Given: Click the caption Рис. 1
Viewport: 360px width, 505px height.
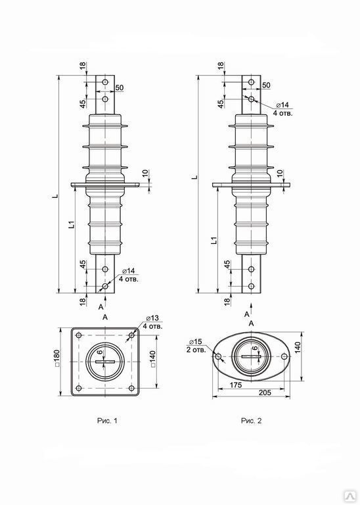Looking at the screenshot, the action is point(107,421).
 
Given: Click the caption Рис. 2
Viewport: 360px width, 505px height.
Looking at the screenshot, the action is point(251,421).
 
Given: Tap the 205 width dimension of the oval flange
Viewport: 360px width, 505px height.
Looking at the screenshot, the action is point(265,393).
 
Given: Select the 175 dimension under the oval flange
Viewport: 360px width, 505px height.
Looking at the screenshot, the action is point(236,385).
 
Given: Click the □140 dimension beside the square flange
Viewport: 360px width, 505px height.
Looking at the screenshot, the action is point(152,358).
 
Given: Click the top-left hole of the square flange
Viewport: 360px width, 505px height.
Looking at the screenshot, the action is point(79,335).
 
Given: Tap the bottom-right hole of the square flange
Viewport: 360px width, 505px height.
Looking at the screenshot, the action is point(131,388).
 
